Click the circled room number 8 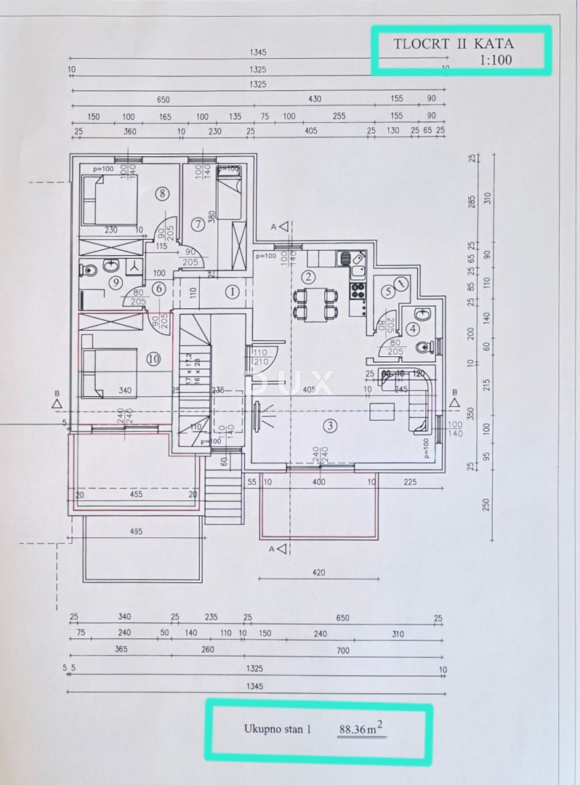(x=162, y=193)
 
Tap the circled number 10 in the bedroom (x=153, y=358)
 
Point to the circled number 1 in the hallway (x=232, y=292)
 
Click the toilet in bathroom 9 (x=89, y=270)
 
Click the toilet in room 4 (x=424, y=347)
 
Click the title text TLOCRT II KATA (x=454, y=43)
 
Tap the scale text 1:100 (x=496, y=60)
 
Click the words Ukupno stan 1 (x=277, y=729)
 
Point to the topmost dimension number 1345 (x=258, y=52)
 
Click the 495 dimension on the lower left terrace (x=137, y=531)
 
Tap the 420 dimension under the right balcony (x=318, y=573)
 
